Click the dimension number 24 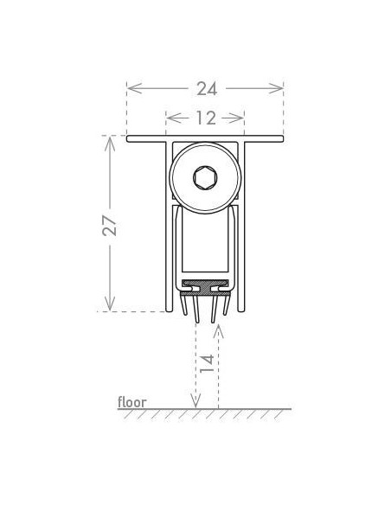tap(205, 88)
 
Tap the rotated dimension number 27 tap(110, 225)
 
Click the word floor tap(132, 402)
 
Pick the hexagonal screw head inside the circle tap(205, 180)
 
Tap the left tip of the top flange tap(129, 139)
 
